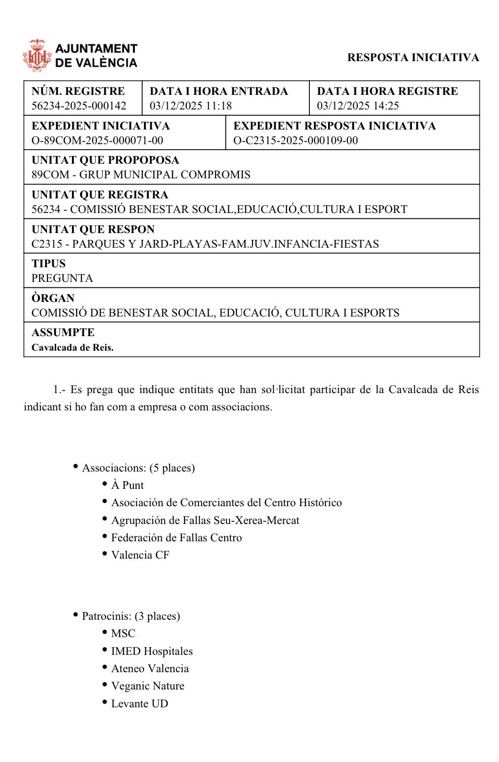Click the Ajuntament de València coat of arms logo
(37, 56)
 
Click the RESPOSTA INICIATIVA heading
(413, 57)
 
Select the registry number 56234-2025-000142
(79, 106)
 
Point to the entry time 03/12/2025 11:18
(190, 106)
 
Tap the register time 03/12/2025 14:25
(358, 106)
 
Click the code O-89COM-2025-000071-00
(97, 140)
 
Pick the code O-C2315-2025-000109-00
(295, 140)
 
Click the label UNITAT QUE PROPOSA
(105, 160)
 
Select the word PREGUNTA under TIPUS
(62, 278)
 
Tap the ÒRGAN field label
(53, 298)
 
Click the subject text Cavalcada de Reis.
(72, 347)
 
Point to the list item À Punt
(127, 485)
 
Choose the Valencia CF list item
(140, 555)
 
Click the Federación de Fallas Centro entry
(176, 538)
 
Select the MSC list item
(123, 633)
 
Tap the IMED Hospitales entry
(152, 651)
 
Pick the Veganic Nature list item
(148, 686)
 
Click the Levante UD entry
(139, 704)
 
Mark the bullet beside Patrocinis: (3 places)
(76, 615)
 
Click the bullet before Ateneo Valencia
(105, 667)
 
